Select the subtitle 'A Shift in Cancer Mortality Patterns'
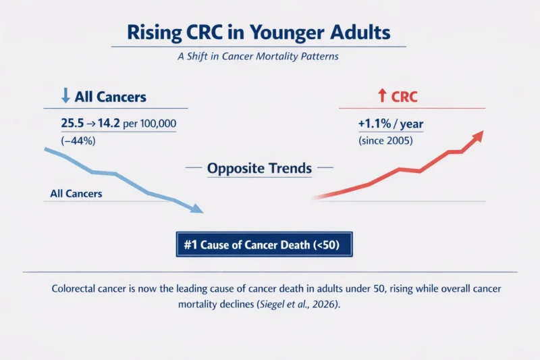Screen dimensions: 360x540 click(258, 57)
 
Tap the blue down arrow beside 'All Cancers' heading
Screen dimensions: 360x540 click(65, 97)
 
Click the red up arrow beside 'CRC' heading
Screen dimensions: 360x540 click(383, 97)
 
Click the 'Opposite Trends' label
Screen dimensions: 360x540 click(259, 168)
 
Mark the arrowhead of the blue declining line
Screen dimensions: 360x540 click(196, 209)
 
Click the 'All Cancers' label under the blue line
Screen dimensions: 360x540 click(76, 194)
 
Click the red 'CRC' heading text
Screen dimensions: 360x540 click(404, 97)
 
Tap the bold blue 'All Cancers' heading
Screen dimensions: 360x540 click(110, 97)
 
